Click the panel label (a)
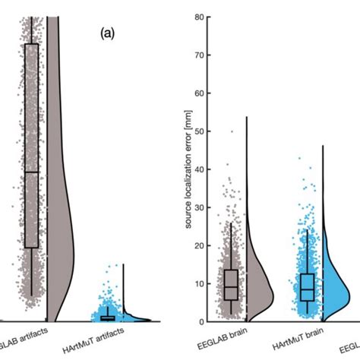(106, 34)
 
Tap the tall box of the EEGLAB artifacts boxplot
(31, 144)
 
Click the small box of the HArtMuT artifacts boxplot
(107, 317)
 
